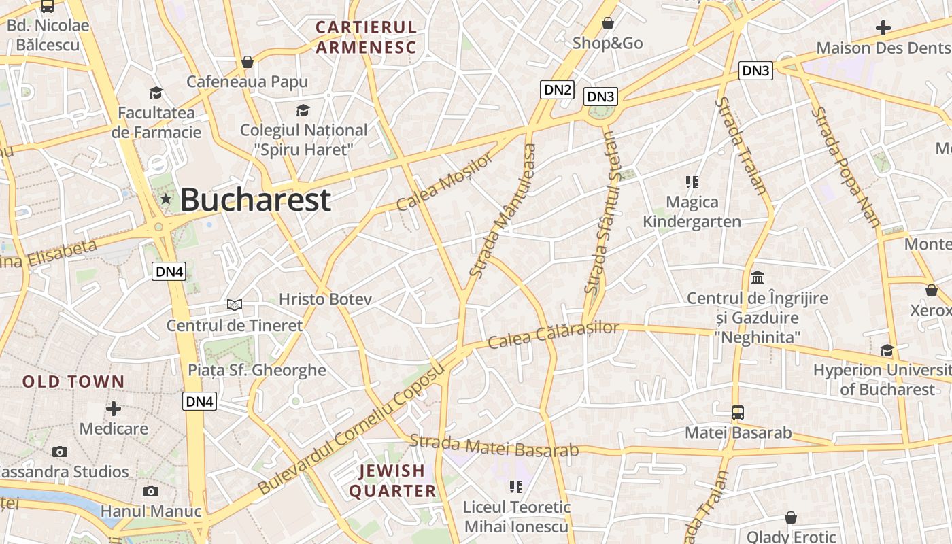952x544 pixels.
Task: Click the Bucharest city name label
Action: click(255, 200)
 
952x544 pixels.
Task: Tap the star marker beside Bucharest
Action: click(165, 199)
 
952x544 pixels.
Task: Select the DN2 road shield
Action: click(557, 89)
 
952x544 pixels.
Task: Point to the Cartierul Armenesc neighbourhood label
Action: click(365, 37)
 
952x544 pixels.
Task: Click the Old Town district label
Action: click(73, 381)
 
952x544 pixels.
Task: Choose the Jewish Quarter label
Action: click(392, 481)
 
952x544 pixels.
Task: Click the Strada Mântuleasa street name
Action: click(503, 210)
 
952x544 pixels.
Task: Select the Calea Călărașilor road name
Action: click(554, 335)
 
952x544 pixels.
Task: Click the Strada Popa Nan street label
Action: click(847, 166)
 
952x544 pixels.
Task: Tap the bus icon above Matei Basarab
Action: click(738, 412)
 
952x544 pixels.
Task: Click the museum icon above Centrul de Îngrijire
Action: click(758, 277)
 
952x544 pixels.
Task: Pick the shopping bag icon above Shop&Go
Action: click(608, 24)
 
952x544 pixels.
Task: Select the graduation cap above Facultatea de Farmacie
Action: click(156, 92)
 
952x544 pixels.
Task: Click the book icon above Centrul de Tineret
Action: click(235, 305)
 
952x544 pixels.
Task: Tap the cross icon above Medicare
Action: click(114, 409)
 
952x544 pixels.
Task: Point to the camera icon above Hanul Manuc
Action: click(151, 491)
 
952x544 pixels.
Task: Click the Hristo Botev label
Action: click(325, 299)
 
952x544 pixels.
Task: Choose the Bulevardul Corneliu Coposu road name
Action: click(351, 430)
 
